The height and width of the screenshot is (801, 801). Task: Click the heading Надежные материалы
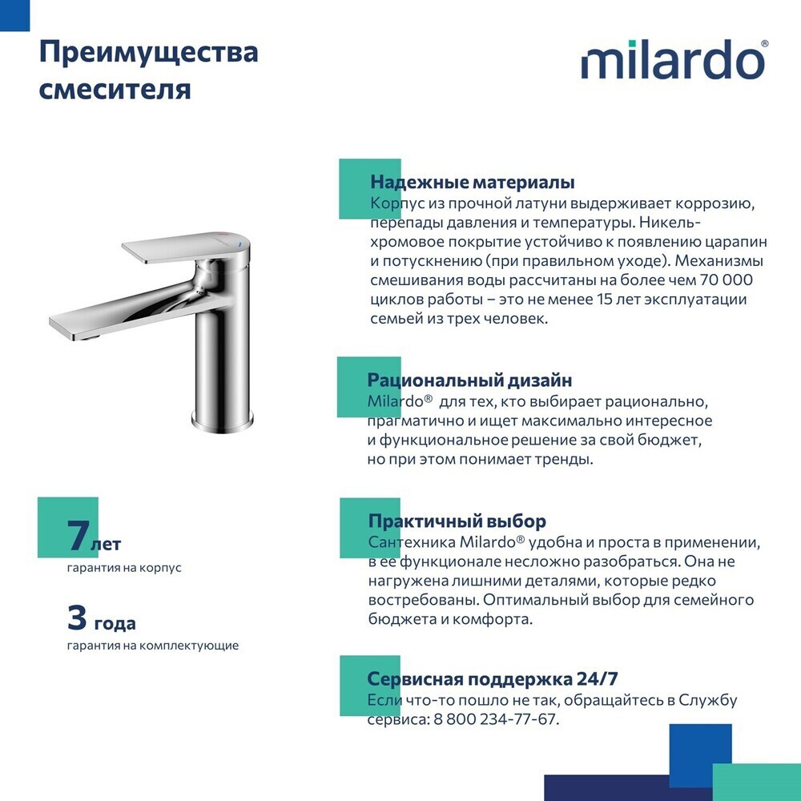point(472,183)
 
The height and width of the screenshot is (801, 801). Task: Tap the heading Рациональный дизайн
point(469,380)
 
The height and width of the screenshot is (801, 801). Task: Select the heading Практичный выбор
point(457,521)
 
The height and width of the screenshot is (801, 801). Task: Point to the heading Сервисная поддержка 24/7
point(493,679)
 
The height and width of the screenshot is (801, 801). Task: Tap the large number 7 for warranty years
point(78,536)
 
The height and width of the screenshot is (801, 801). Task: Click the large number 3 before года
point(78,618)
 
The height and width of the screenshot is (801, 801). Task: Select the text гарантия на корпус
point(124,568)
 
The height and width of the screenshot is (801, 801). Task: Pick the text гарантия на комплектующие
point(152,645)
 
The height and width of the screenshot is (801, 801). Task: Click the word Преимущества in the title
point(149,54)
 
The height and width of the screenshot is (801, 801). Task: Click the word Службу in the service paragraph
point(706,700)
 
